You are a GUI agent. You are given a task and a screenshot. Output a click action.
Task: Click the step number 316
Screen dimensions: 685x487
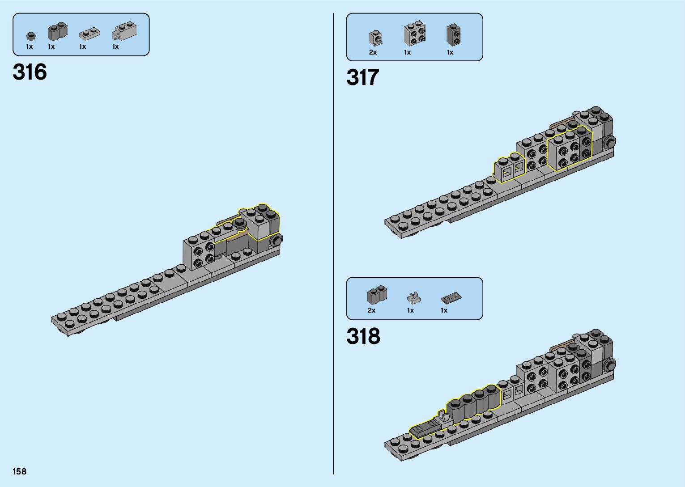pos(30,72)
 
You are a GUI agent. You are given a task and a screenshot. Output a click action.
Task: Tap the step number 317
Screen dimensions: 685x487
pos(362,77)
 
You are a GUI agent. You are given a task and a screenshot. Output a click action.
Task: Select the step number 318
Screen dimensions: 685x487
pos(363,336)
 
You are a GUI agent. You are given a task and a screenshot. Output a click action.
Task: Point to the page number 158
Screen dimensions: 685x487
pos(19,471)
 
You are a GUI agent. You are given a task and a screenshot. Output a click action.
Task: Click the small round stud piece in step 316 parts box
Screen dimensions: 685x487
pos(30,36)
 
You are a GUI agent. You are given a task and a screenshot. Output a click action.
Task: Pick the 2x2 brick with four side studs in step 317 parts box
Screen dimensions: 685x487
pos(414,34)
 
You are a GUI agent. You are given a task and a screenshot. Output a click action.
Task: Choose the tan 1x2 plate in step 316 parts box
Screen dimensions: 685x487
pos(89,34)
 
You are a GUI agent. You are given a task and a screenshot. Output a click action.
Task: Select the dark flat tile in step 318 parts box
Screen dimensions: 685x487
pos(451,297)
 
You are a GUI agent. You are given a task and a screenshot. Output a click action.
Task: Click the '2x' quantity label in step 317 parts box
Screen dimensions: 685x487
pos(373,52)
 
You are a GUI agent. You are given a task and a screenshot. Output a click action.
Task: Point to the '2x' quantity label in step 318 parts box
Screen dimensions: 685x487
pos(371,310)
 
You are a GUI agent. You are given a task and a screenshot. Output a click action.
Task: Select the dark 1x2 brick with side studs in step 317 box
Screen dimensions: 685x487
pos(453,35)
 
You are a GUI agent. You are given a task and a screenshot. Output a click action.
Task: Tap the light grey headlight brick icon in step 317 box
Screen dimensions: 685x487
pos(375,38)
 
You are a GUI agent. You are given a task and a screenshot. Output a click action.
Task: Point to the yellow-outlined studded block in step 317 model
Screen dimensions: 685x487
pos(569,149)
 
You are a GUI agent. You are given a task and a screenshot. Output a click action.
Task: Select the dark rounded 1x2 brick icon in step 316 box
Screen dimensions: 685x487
pos(57,31)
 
